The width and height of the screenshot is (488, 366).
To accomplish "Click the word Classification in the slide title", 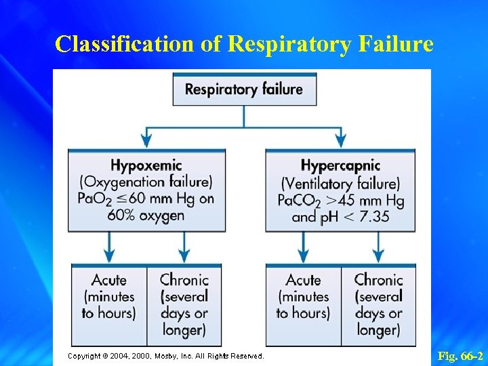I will pyautogui.click(x=125, y=44).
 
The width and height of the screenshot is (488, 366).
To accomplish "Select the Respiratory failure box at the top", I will pyautogui.click(x=244, y=89).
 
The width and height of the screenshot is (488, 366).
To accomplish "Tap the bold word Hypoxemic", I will pyautogui.click(x=146, y=165).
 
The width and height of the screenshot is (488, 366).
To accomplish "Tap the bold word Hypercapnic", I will pyautogui.click(x=340, y=166).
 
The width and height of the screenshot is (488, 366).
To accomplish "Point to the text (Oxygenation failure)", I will pyautogui.click(x=146, y=182).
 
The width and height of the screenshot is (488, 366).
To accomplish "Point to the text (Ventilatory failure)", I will pyautogui.click(x=340, y=183).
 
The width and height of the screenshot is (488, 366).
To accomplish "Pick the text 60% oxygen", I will pyautogui.click(x=146, y=216).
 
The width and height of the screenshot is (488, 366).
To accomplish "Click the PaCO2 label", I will pyautogui.click(x=300, y=201).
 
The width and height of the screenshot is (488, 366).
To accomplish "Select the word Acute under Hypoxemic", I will pyautogui.click(x=109, y=280).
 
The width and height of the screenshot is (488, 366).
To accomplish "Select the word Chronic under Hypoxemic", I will pyautogui.click(x=184, y=280).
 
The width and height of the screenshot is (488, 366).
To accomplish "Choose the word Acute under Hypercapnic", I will pyautogui.click(x=303, y=280).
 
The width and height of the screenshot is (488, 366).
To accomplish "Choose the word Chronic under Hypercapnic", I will pyautogui.click(x=378, y=280).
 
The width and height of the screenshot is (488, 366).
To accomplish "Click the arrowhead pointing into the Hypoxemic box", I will pyautogui.click(x=146, y=141).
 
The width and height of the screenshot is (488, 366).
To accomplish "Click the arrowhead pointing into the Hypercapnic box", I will pyautogui.click(x=340, y=141).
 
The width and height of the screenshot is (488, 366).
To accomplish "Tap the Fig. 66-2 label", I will pyautogui.click(x=460, y=356).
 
